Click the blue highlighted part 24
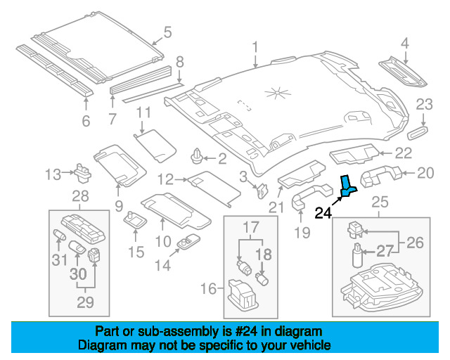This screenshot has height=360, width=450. pos(348,186)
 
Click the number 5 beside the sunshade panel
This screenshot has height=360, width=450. pos(167,31)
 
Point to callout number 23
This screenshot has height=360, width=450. pos(424,105)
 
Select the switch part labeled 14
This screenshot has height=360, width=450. pos(189,243)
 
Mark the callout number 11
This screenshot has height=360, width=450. pos(143,112)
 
